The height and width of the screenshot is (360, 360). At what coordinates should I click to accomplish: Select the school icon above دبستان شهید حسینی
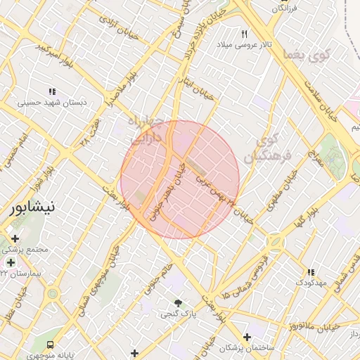[x=52, y=91]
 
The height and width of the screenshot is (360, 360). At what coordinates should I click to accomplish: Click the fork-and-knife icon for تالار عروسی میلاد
[x=245, y=34]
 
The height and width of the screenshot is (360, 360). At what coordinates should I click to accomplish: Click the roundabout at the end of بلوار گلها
[x=275, y=242]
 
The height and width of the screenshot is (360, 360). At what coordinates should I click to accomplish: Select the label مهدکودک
[x=310, y=282]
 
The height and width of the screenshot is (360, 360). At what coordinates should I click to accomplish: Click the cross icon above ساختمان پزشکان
[x=246, y=337]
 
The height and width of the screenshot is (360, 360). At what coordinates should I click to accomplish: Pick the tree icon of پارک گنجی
[x=178, y=302]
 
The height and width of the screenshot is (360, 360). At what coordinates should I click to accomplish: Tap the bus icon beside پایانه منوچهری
[x=50, y=345]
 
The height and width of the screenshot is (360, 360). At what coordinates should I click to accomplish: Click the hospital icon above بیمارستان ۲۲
[x=11, y=262]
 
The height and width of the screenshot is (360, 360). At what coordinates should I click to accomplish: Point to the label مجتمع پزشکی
[x=25, y=250]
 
